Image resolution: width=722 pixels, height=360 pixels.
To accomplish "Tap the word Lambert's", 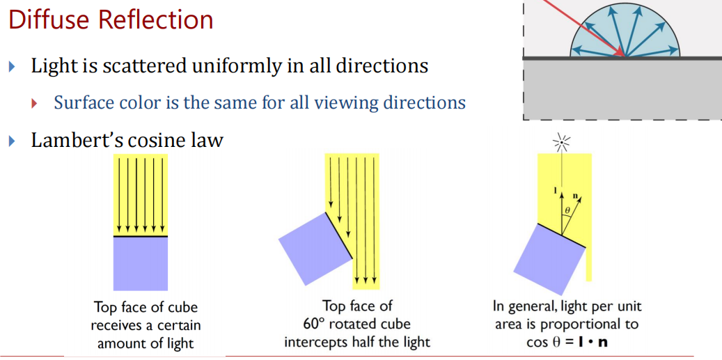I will click(x=77, y=140).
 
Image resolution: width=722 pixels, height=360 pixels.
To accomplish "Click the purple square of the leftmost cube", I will click(x=140, y=263).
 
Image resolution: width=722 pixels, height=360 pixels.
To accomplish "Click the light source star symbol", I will click(x=561, y=143).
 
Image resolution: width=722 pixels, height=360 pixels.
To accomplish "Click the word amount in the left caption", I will click(x=119, y=343).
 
